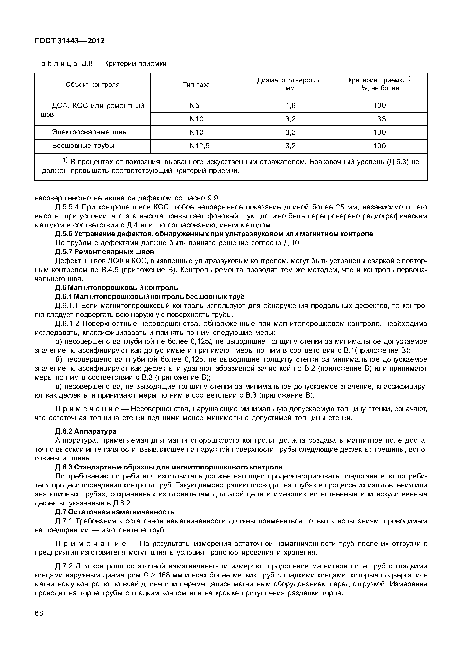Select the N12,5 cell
[200, 146]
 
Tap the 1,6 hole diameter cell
[290, 106]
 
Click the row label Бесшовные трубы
[83, 146]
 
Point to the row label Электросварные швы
[90, 132]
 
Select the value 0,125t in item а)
[202, 342]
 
